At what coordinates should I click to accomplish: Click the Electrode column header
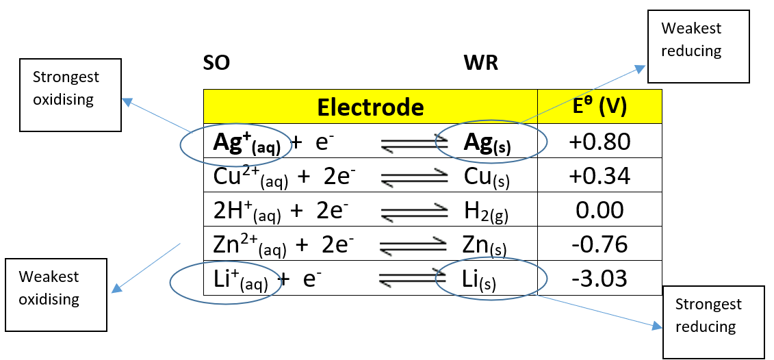(370, 107)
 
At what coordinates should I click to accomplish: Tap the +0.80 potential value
(599, 141)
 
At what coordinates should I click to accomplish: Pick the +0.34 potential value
(599, 176)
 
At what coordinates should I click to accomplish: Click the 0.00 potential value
(599, 210)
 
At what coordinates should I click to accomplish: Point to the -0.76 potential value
(599, 244)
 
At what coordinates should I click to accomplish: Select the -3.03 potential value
(599, 279)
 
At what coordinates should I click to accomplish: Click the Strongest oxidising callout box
(70, 94)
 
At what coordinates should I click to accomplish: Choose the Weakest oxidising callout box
(55, 294)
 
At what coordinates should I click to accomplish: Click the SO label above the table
(216, 64)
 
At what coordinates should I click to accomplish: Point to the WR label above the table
(480, 64)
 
